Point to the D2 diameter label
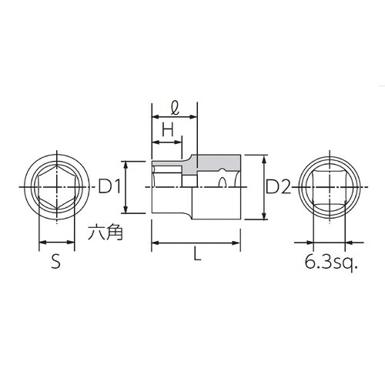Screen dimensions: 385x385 pos(278,186)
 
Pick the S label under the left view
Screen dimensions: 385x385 pos(55,263)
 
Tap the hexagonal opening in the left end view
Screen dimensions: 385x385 pos(55,186)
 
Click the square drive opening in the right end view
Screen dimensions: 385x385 pos(329,186)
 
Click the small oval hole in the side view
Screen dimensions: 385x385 pos(222,182)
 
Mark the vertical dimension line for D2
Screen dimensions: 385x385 pos(264,186)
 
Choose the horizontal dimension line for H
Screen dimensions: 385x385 pos(166,141)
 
